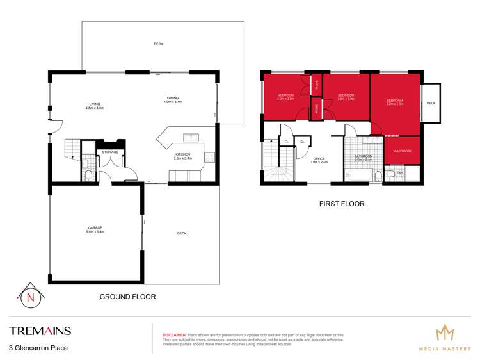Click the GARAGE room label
[x=95, y=229]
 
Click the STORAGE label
[x=111, y=152]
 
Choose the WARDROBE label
[x=402, y=151]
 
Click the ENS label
[x=400, y=172]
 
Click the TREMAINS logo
[x=40, y=331]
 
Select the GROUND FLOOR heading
[x=127, y=297]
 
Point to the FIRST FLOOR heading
[x=342, y=204]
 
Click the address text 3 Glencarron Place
[x=38, y=348]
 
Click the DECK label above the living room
[x=158, y=44]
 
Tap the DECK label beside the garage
[x=182, y=233]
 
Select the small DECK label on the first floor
[x=431, y=103]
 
